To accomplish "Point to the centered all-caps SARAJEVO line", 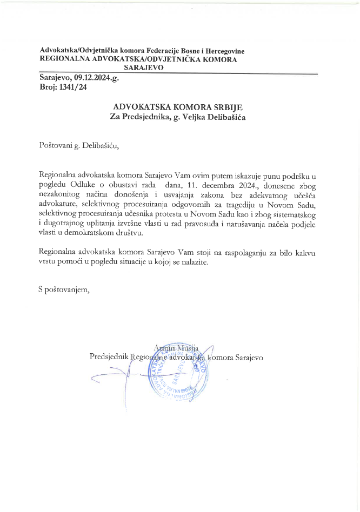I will tap(144, 68).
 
